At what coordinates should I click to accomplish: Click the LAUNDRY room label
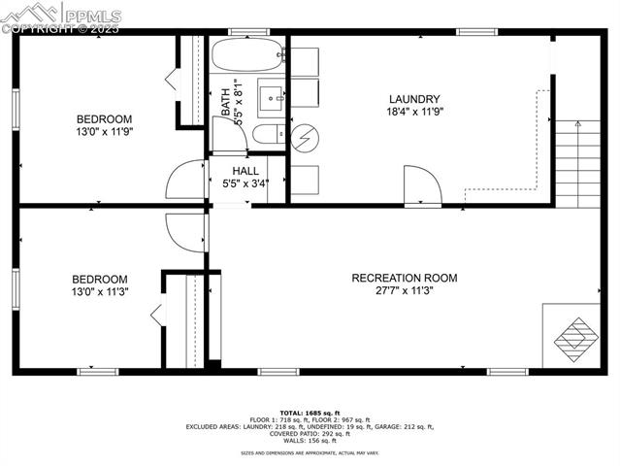414,99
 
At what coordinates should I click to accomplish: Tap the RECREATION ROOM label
405,278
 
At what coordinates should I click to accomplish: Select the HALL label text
245,170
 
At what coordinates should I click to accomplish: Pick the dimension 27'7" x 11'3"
405,290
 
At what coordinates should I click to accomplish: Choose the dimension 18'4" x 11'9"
414,112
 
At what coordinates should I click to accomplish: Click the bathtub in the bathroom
246,55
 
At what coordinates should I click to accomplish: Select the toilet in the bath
267,134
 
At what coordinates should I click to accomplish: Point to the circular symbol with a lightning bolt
305,138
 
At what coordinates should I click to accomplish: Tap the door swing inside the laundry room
421,186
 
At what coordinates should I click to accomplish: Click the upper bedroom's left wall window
16,107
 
